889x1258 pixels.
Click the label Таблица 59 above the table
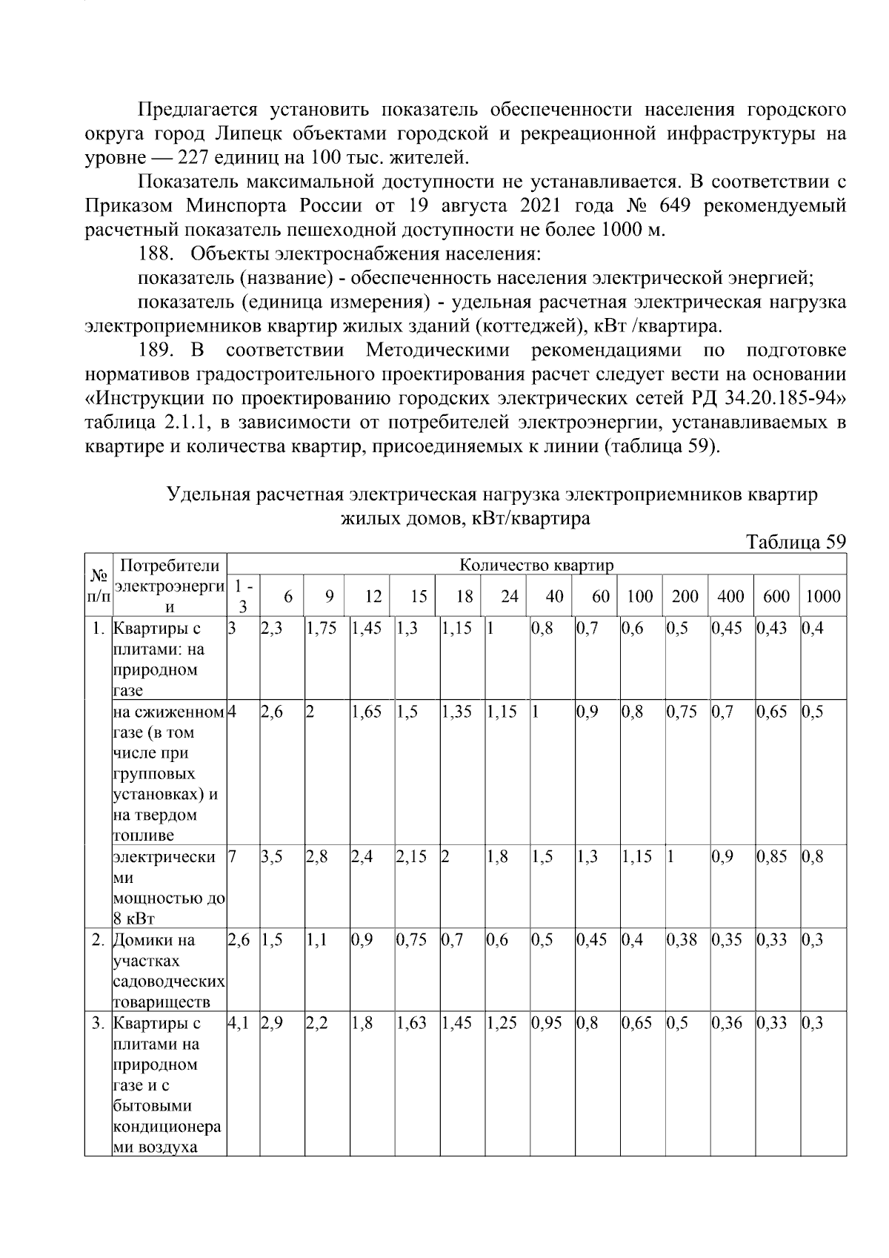pos(795,541)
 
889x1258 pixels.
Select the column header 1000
pos(823,596)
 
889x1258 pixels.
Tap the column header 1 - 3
pos(242,595)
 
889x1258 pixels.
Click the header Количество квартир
pos(536,565)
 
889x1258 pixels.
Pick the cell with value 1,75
pos(322,629)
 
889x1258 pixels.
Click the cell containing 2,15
pos(411,857)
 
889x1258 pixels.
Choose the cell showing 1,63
pos(411,1023)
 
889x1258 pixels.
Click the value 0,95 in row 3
pos(547,1023)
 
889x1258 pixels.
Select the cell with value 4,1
pos(240,1023)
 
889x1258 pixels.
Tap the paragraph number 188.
pos(155,254)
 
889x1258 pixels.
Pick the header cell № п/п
pos(99,586)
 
